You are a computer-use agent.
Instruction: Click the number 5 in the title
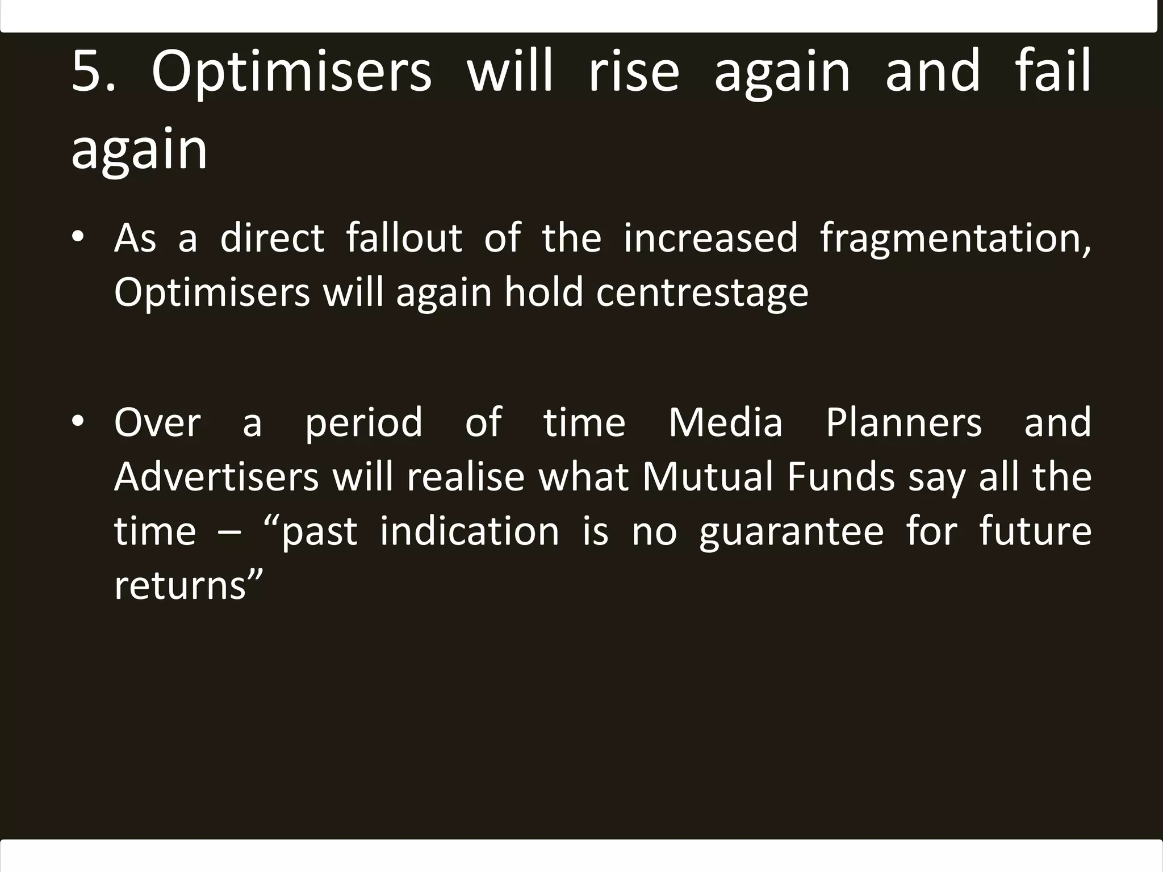[x=86, y=71]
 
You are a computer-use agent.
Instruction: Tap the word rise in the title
[x=633, y=71]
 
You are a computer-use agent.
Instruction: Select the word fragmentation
[x=955, y=238]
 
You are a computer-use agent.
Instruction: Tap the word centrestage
[x=702, y=293]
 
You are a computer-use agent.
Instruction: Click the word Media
[x=725, y=422]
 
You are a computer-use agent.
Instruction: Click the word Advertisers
[x=216, y=476]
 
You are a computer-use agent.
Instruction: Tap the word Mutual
[x=708, y=476]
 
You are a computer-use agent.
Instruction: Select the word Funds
[x=841, y=476]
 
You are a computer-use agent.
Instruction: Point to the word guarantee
[x=791, y=533]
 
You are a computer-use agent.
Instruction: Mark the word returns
[x=180, y=586]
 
